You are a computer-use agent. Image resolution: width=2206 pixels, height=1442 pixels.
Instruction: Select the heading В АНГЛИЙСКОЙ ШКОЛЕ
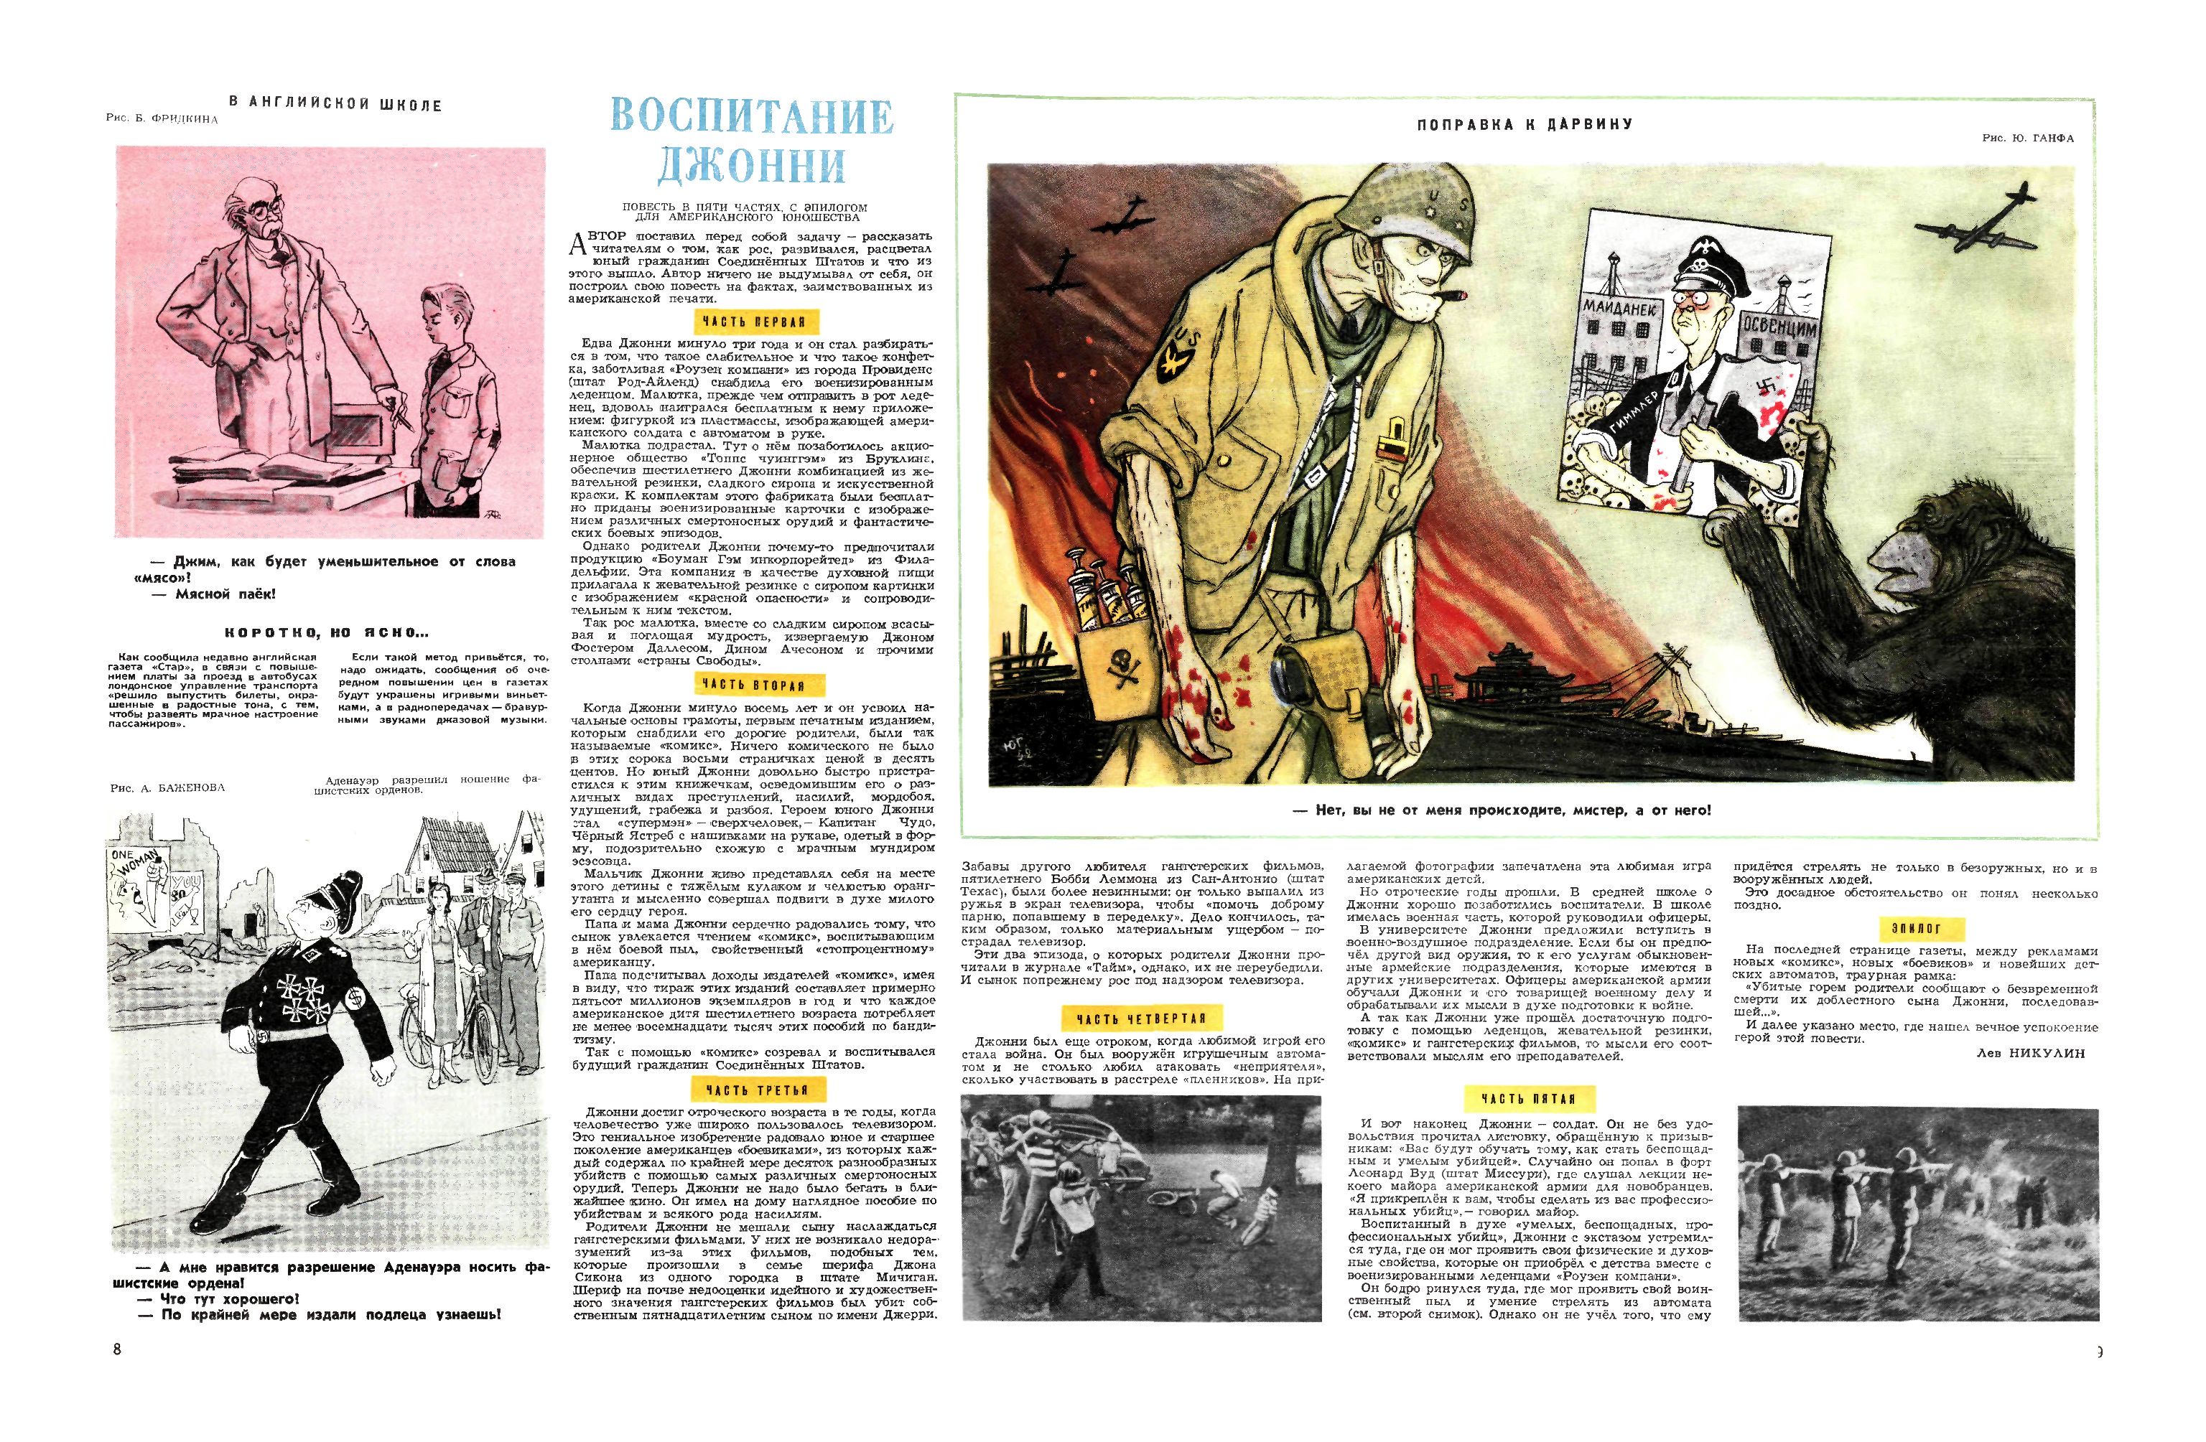click(335, 106)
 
